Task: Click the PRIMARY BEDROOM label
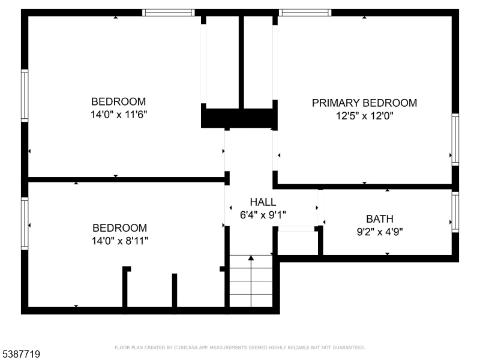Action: pyautogui.click(x=364, y=103)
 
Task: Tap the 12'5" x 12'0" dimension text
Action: pyautogui.click(x=364, y=116)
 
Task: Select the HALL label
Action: pyautogui.click(x=263, y=202)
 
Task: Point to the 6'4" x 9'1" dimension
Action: pyautogui.click(x=263, y=215)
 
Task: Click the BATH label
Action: pyautogui.click(x=380, y=219)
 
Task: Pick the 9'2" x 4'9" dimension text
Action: pyautogui.click(x=380, y=232)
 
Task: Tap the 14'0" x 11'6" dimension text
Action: pyautogui.click(x=119, y=115)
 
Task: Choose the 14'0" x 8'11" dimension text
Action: pyautogui.click(x=119, y=241)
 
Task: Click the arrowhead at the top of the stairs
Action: pyautogui.click(x=251, y=258)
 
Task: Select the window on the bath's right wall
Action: pyautogui.click(x=455, y=212)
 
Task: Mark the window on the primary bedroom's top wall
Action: pyautogui.click(x=305, y=13)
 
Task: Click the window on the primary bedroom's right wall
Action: pyautogui.click(x=455, y=140)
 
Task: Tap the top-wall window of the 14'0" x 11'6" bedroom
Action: pyautogui.click(x=169, y=13)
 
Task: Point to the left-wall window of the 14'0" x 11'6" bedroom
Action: pyautogui.click(x=25, y=95)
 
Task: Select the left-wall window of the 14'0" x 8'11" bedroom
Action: pyautogui.click(x=25, y=224)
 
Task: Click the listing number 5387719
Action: pyautogui.click(x=20, y=354)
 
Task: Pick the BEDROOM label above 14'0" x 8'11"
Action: pyautogui.click(x=119, y=228)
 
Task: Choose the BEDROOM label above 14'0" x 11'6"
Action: pyautogui.click(x=118, y=101)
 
